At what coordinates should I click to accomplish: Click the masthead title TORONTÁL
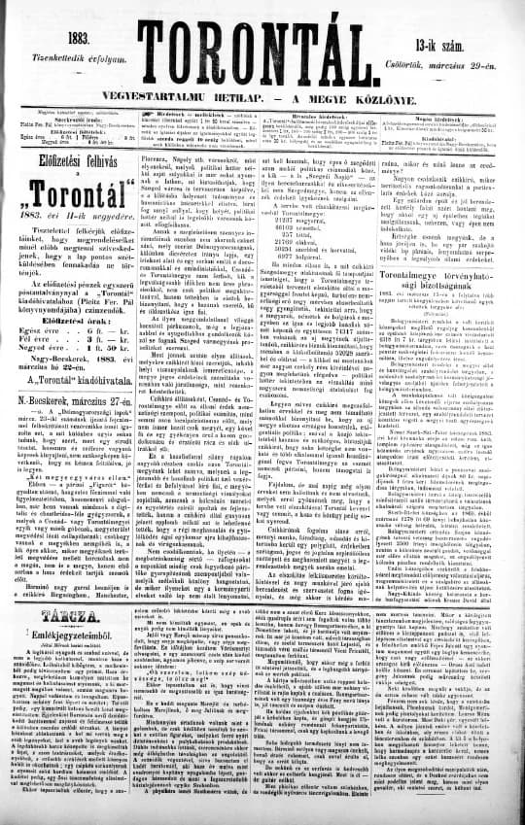[x=263, y=28]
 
